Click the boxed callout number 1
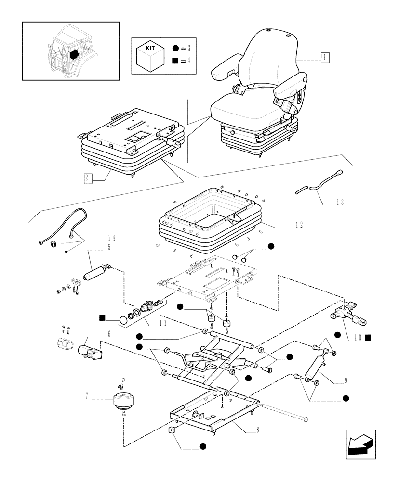coord(325,58)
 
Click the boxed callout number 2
coord(88,178)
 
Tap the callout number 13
coord(340,202)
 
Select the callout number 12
coord(299,225)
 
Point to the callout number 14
coord(111,238)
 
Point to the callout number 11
coord(162,323)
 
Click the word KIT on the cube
coord(150,48)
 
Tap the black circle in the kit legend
coord(175,48)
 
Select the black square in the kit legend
coord(175,61)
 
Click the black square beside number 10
coord(368,338)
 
